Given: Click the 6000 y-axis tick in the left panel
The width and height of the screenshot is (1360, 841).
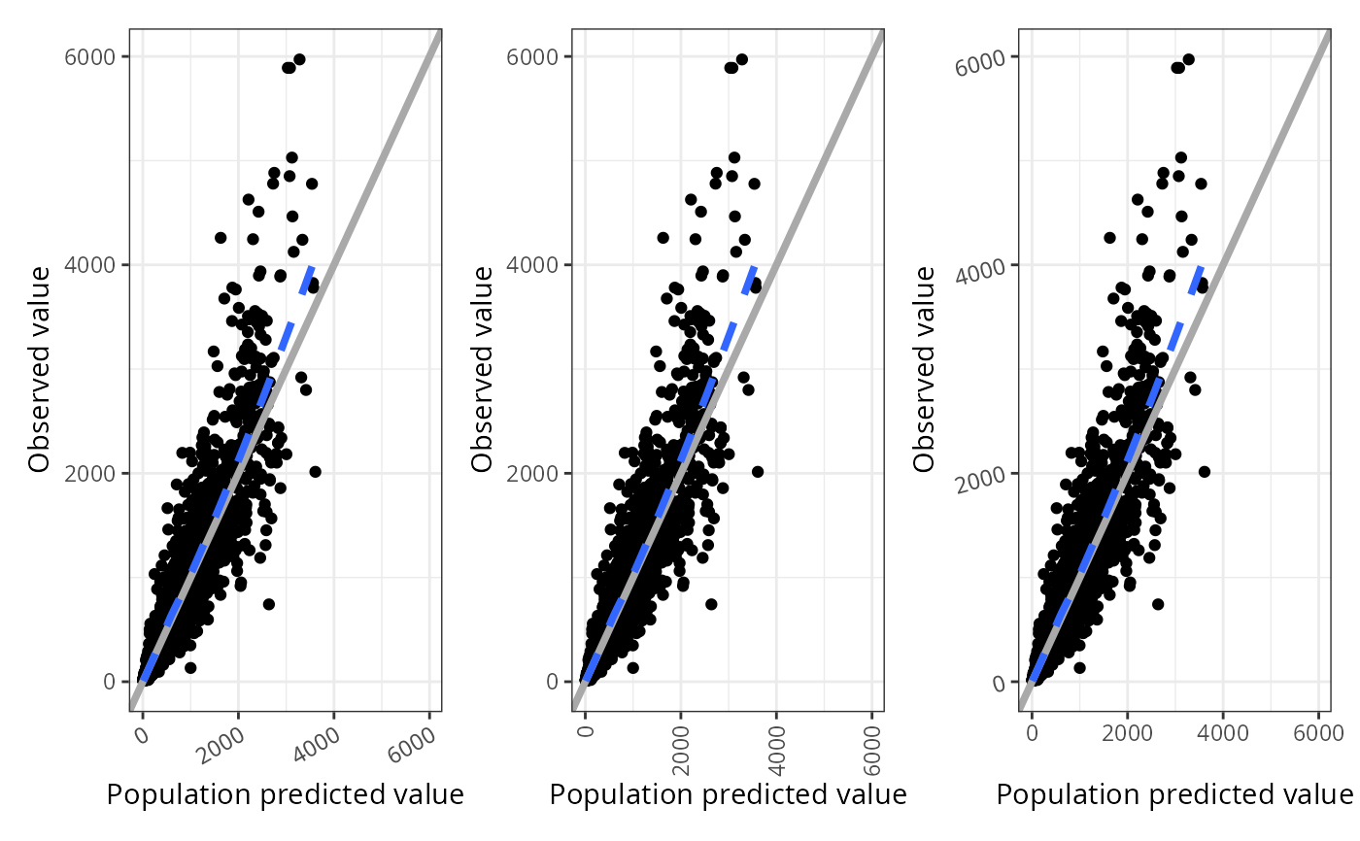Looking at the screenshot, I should click(85, 56).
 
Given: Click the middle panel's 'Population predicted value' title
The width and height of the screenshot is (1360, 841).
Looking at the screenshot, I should click(728, 794).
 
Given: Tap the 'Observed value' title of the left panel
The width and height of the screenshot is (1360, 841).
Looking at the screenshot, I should click(39, 369).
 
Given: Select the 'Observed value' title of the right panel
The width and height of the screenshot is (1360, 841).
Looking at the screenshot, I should click(925, 369).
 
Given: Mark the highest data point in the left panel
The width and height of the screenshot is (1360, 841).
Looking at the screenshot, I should click(299, 59).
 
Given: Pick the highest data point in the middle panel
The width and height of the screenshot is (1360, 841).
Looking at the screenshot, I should click(742, 59).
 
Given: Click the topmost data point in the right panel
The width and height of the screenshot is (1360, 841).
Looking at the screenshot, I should click(1188, 59).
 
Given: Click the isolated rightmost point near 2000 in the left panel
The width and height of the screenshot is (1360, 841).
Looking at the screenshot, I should click(315, 471).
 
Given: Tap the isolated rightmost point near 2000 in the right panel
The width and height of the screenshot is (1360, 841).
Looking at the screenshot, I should click(1205, 471).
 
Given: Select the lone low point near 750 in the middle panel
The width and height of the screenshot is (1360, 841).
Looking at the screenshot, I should click(711, 604).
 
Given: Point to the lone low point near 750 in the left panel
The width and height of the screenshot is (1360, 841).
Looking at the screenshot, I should click(269, 604).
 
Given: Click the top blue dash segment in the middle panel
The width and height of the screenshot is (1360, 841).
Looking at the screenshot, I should click(751, 280).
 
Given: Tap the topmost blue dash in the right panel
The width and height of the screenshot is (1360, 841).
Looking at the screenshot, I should click(1197, 280).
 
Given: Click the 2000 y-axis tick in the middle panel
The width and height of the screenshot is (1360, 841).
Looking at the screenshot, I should click(527, 473).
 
